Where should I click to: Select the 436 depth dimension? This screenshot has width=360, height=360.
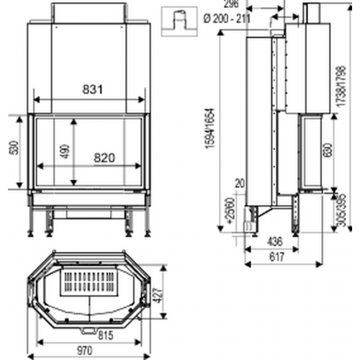coord(274,242)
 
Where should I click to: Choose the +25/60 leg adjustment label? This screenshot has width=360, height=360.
coord(230,211)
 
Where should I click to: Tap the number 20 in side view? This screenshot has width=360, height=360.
coord(240,183)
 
